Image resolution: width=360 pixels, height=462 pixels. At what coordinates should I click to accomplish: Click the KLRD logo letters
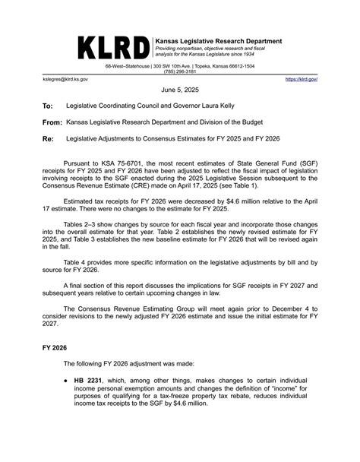(113, 47)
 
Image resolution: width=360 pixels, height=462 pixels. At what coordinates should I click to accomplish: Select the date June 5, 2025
(180, 89)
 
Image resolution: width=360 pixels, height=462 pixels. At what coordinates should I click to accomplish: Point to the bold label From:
(52, 122)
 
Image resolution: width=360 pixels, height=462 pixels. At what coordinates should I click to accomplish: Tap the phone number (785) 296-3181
(180, 71)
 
